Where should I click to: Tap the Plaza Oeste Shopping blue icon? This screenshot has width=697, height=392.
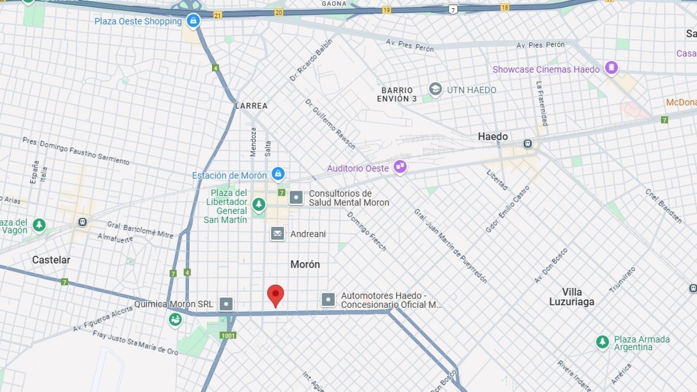tap(193, 20)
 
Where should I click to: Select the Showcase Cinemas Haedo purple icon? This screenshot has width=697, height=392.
tap(611, 67)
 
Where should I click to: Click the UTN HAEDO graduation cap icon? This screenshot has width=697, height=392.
tap(435, 89)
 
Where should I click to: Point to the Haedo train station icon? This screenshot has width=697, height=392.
tap(527, 144)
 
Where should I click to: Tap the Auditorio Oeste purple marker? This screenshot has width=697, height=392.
tap(400, 167)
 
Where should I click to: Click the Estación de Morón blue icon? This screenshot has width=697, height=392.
tap(278, 173)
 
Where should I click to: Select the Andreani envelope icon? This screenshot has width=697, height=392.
tap(278, 234)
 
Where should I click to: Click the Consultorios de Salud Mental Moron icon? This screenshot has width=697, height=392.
tap(296, 198)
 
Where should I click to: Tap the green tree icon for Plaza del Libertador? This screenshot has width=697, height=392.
tap(259, 204)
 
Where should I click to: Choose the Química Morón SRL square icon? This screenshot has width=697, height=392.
tap(226, 304)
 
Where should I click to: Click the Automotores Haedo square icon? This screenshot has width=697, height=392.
tap(328, 300)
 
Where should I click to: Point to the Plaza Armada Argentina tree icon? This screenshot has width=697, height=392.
tap(602, 342)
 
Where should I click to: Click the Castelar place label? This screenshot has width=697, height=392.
tap(51, 260)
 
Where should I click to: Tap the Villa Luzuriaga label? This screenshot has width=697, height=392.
tap(572, 297)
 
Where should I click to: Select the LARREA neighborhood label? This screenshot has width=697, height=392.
tap(251, 106)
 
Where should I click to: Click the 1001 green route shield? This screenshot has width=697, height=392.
tap(228, 335)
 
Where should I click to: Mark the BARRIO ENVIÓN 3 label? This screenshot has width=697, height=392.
tap(397, 94)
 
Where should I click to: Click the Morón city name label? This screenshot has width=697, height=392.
tap(305, 264)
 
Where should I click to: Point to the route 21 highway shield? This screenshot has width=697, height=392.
tap(218, 15)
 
